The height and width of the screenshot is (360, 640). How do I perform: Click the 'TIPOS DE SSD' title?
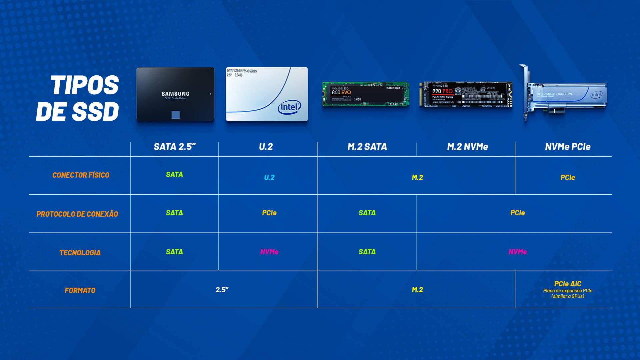(77, 98)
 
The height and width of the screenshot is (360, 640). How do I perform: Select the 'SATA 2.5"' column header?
(175, 147)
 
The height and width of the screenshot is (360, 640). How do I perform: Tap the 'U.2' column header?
(266, 147)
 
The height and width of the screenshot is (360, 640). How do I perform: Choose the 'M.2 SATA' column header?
(367, 147)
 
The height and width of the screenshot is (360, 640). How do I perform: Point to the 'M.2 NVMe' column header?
(467, 147)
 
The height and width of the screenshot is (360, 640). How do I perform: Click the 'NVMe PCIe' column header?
(568, 147)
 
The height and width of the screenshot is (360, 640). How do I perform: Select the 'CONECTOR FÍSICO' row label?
(81, 175)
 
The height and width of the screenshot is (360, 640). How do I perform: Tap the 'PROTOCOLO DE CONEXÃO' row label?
(77, 214)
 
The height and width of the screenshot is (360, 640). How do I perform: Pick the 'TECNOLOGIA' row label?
(80, 253)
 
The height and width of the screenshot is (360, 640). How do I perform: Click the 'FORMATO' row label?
(80, 291)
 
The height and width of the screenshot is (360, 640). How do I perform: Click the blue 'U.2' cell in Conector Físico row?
(269, 177)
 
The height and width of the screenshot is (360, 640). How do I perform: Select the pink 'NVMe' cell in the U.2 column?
(269, 252)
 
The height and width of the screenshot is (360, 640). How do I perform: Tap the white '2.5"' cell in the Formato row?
(222, 290)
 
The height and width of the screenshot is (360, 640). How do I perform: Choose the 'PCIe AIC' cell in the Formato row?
(568, 284)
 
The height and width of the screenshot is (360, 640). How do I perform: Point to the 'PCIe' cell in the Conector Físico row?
(568, 177)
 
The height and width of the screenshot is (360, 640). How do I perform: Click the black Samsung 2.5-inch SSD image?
(175, 94)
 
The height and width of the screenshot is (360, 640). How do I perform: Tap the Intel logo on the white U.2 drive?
(289, 107)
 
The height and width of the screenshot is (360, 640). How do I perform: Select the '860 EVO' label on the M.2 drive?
(341, 92)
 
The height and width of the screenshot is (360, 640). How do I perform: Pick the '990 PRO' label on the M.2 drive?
(442, 91)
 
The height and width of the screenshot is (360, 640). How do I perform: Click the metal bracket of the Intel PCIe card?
(525, 93)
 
